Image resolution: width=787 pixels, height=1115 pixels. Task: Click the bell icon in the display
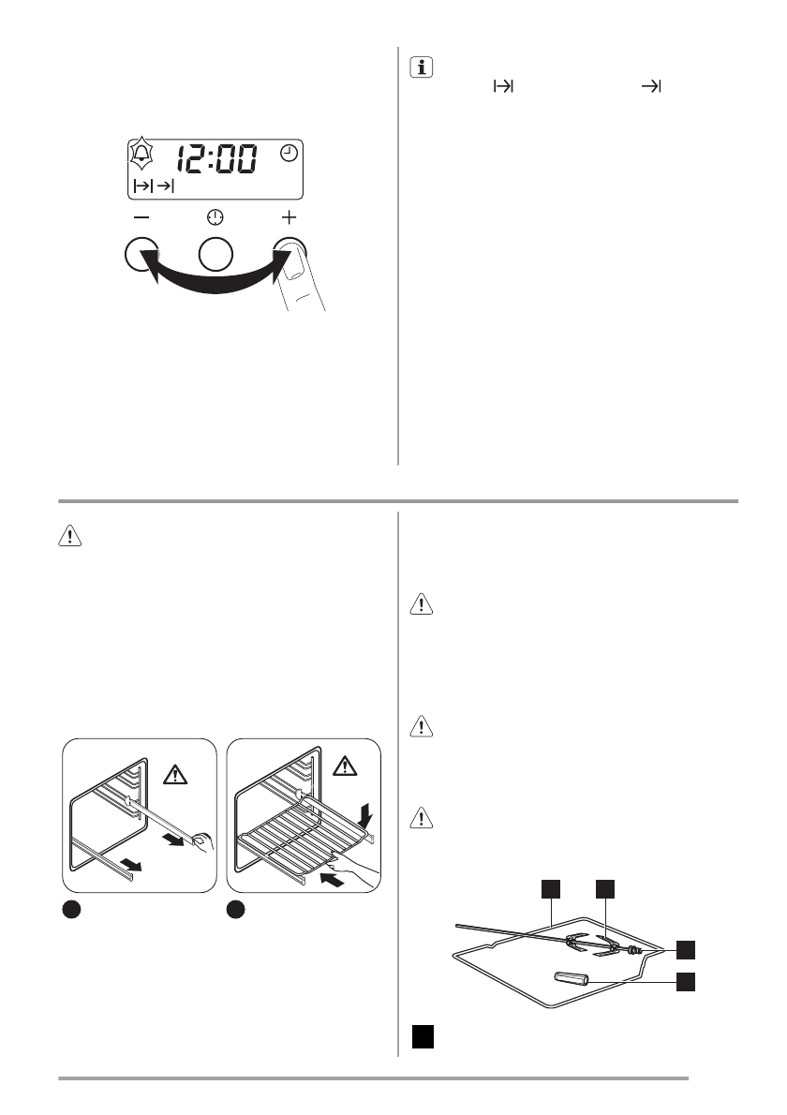142,152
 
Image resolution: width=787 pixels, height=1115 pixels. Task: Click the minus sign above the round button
140,217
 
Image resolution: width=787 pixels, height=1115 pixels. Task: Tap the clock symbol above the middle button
215,217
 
